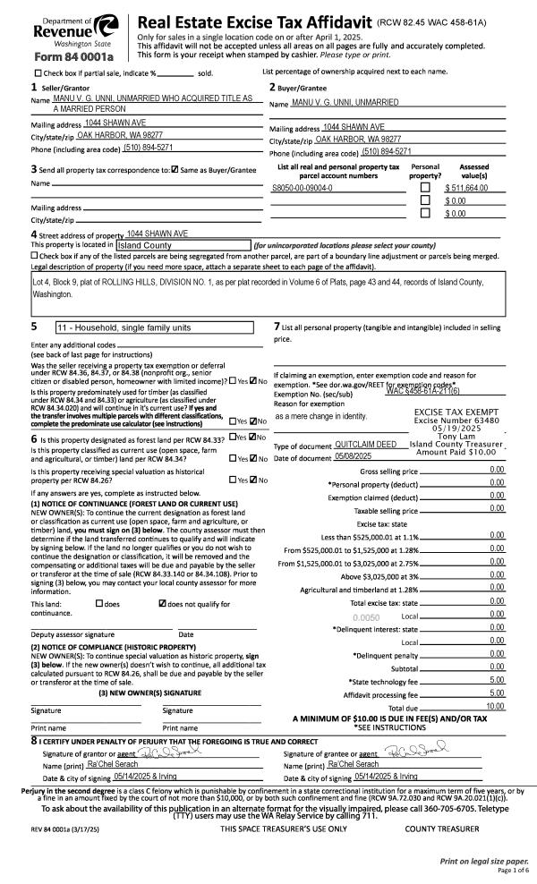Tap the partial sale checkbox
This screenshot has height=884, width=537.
[38, 72]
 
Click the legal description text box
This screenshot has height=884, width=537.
[268, 287]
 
